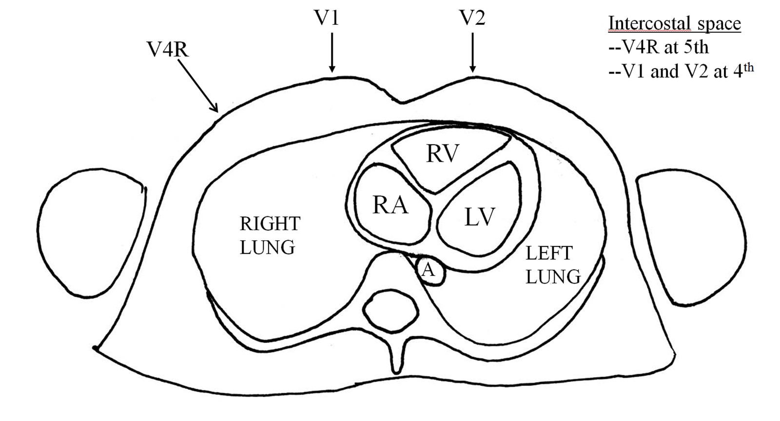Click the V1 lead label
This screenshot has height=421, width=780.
(326, 18)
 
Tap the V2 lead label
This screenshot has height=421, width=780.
(472, 18)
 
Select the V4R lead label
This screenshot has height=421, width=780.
(168, 49)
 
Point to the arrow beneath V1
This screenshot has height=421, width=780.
(332, 53)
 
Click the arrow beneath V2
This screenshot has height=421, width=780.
(472, 53)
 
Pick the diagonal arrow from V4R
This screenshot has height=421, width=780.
(198, 86)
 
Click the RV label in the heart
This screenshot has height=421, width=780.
(443, 153)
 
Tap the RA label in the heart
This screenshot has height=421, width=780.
(390, 205)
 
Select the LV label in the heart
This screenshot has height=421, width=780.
(480, 217)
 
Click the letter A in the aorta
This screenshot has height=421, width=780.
(428, 269)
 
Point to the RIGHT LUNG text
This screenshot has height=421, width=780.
(270, 235)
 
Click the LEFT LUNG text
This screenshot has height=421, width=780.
(553, 265)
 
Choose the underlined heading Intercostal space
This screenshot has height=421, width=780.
(675, 24)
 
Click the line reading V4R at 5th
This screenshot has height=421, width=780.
(659, 47)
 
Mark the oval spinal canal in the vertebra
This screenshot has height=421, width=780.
(390, 311)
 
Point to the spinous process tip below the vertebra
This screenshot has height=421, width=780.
(396, 372)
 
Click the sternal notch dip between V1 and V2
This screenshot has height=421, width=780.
(402, 102)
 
